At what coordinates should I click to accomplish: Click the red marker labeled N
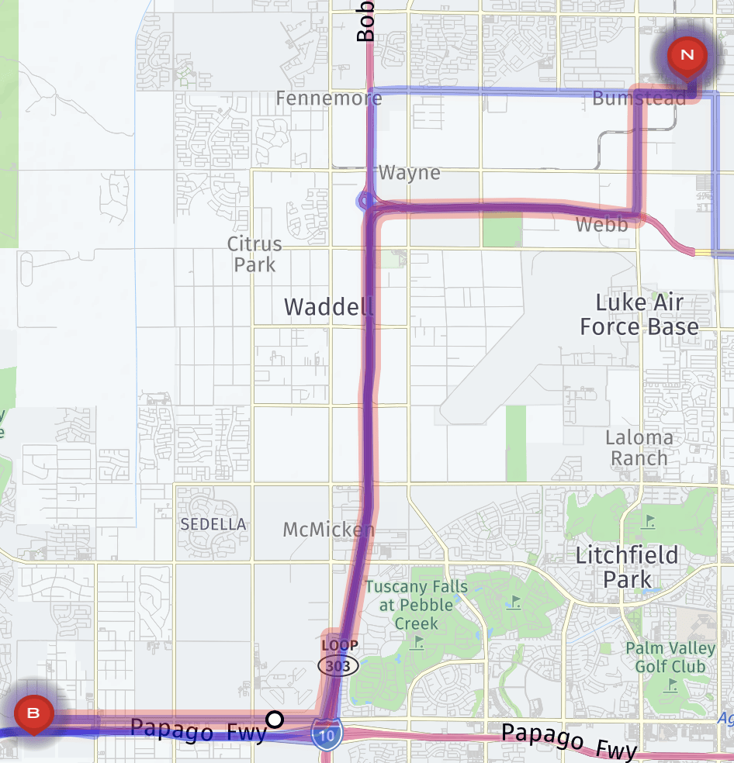[x=687, y=55]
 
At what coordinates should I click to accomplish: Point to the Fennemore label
[x=329, y=98]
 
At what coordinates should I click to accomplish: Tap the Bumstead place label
[x=639, y=98]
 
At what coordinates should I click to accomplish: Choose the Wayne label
[x=410, y=173]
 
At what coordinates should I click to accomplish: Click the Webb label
[x=601, y=226]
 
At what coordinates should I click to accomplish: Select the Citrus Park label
[x=254, y=254]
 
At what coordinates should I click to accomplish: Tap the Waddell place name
[x=329, y=306]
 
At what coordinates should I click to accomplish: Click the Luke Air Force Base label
[x=639, y=314]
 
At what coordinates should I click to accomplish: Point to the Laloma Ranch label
[x=639, y=447]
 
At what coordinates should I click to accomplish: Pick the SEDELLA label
[x=213, y=524]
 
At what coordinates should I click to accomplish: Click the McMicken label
[x=329, y=530]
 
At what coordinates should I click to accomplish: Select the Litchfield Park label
[x=628, y=567]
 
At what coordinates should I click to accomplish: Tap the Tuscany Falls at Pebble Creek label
[x=417, y=605]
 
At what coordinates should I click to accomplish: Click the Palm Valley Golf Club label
[x=670, y=657]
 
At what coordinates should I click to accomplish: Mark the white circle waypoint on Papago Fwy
[x=275, y=720]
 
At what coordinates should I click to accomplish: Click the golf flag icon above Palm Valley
[x=649, y=521]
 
